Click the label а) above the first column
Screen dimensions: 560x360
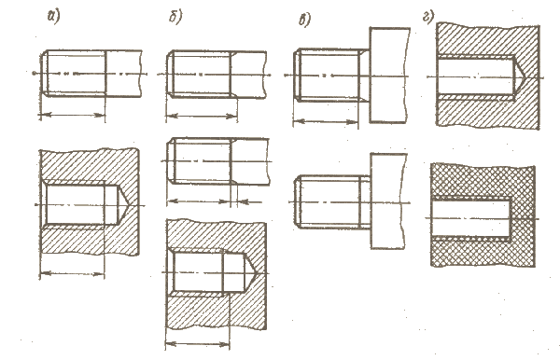[x=53, y=17]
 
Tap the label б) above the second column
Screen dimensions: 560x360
[x=175, y=17]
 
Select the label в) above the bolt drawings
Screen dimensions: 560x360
[x=304, y=20]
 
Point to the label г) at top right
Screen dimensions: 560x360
[x=428, y=17]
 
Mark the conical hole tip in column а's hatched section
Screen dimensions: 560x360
[x=123, y=204]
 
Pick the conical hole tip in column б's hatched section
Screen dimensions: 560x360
[x=251, y=273]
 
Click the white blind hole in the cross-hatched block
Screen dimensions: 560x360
[x=471, y=217]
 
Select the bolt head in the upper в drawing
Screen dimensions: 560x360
[x=389, y=75]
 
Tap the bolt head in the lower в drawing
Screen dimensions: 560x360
[x=388, y=201]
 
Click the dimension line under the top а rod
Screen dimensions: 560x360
[x=72, y=115]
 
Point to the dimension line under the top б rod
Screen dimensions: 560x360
[x=202, y=116]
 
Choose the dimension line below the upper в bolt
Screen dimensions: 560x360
[x=326, y=121]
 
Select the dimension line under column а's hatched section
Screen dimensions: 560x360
[x=72, y=274]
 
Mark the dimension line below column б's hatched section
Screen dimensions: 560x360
[x=198, y=344]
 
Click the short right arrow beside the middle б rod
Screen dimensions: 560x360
[x=249, y=202]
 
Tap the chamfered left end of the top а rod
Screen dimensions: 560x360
[x=44, y=73]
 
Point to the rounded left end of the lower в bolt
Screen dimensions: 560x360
[x=298, y=201]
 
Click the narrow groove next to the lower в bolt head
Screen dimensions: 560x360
[x=365, y=201]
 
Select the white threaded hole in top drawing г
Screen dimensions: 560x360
[x=476, y=76]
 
